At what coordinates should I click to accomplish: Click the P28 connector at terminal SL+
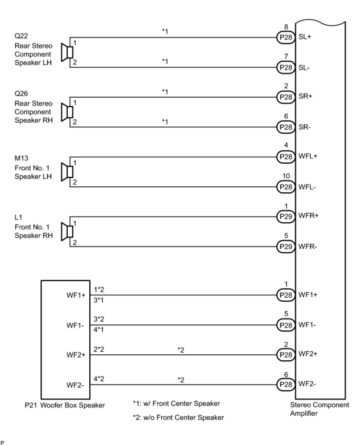[x=286, y=38]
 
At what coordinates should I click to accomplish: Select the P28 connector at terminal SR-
[x=286, y=127]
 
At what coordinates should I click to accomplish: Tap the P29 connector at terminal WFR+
[x=286, y=216]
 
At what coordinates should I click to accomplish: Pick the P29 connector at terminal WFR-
[x=286, y=247]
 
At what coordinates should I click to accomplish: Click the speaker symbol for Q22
[x=67, y=52]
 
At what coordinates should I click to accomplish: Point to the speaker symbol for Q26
[x=67, y=112]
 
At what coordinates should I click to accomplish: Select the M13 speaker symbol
[x=67, y=172]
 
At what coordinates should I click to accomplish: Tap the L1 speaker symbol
[x=67, y=231]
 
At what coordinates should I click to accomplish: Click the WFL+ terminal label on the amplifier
[x=308, y=156]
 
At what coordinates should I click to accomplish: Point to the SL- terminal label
[x=304, y=68]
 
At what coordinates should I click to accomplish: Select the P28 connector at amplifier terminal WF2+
[x=286, y=355]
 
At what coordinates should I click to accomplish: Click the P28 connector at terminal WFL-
[x=286, y=187]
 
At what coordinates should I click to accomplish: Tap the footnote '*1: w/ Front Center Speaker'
[x=176, y=404]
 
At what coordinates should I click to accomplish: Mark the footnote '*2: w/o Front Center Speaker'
[x=178, y=418]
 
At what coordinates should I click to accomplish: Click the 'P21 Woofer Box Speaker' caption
[x=65, y=406]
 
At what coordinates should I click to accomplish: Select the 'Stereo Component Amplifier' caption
[x=320, y=409]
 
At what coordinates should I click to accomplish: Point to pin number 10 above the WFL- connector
[x=286, y=176]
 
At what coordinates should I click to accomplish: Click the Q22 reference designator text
[x=21, y=36]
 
